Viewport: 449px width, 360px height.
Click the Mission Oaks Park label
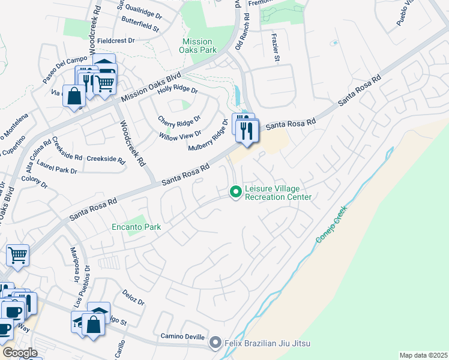(199, 46)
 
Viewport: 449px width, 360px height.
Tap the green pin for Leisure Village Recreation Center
(235, 192)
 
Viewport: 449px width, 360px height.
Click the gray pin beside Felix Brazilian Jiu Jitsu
(215, 343)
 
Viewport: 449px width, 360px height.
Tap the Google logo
(20, 353)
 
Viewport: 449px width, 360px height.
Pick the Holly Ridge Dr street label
(177, 89)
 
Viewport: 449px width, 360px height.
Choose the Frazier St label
(277, 49)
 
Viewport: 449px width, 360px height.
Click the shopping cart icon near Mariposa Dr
(17, 255)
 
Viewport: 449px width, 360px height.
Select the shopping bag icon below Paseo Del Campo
(74, 96)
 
